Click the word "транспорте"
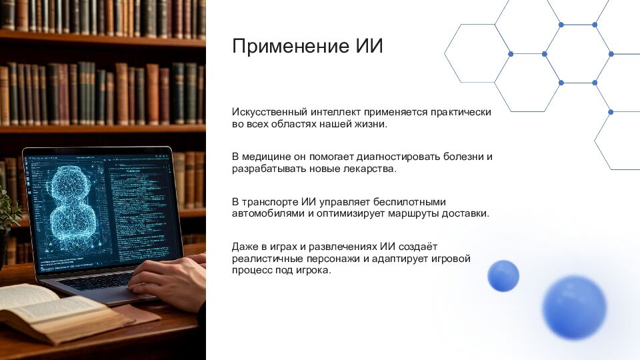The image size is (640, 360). tap(271, 201)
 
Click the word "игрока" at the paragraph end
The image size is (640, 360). tap(313, 271)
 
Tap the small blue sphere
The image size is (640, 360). tap(503, 275)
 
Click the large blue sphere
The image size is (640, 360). tap(574, 307)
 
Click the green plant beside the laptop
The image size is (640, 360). tap(8, 213)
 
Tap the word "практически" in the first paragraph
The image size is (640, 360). tap(461, 112)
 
